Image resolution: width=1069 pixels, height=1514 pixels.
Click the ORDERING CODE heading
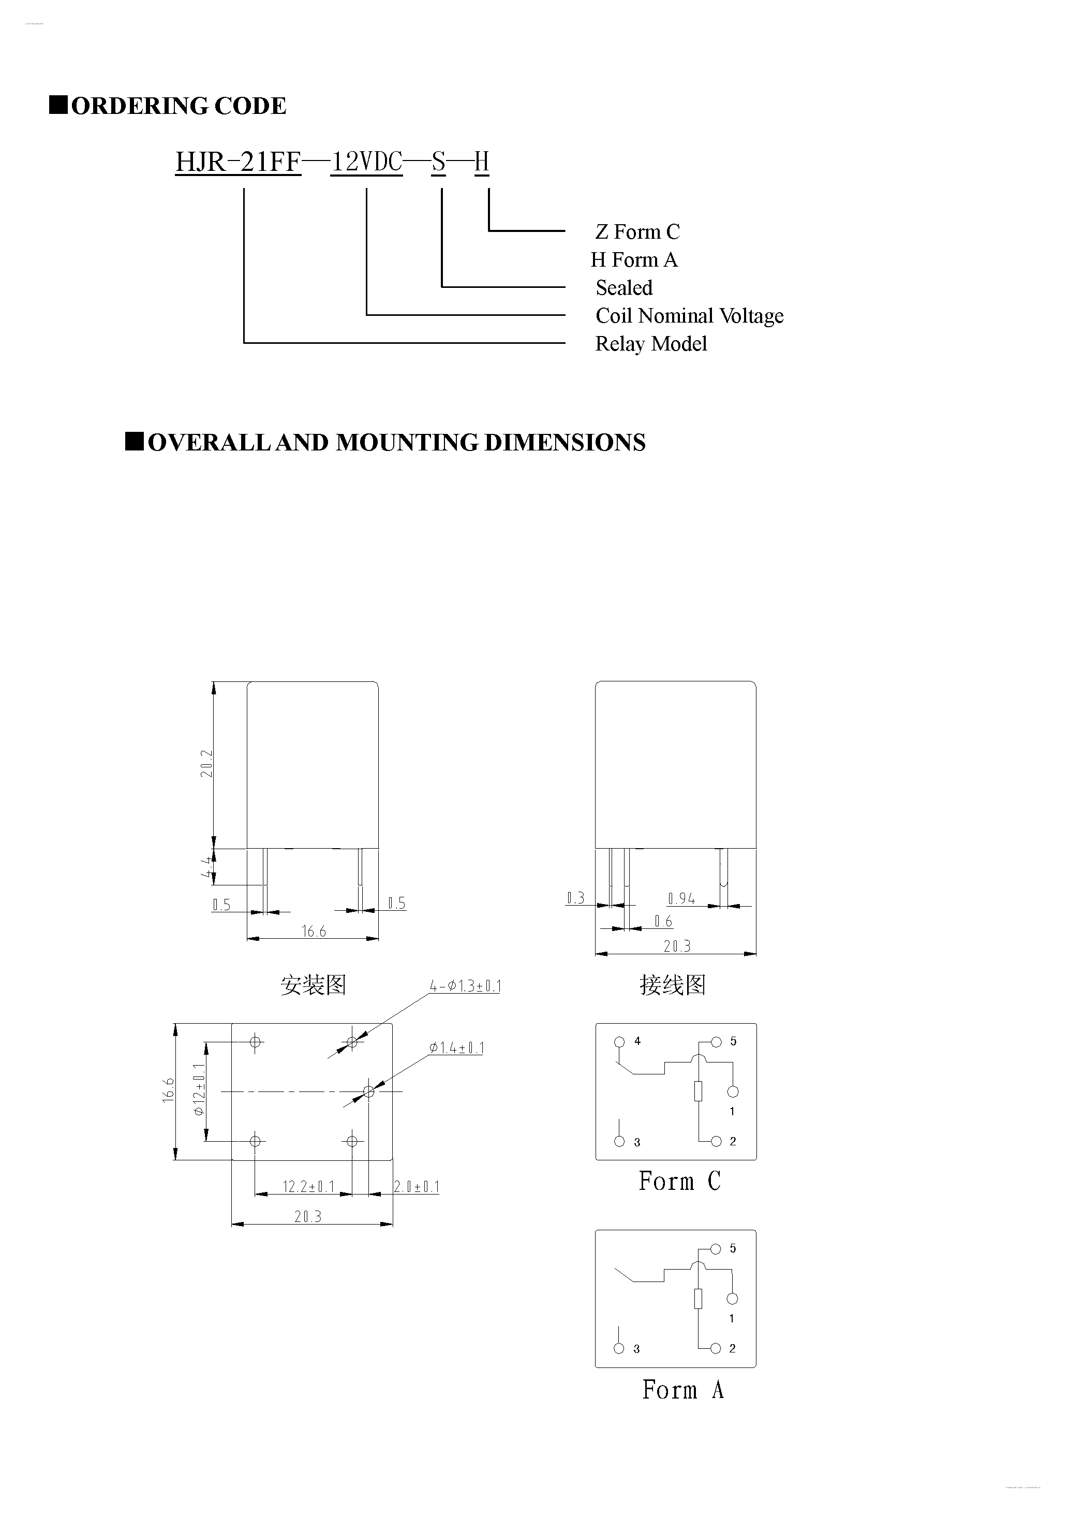[178, 106]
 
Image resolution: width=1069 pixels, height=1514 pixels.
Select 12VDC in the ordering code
[366, 162]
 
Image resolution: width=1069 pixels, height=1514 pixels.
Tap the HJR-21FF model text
[238, 162]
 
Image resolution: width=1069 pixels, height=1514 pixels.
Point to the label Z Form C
[637, 232]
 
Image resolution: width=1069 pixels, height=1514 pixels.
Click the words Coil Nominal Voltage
[689, 316]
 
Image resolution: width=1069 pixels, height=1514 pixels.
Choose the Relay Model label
[650, 344]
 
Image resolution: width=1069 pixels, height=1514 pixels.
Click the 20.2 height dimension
[207, 764]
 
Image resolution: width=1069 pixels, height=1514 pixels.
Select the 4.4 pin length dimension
[207, 866]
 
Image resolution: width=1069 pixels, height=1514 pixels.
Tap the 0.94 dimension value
[681, 898]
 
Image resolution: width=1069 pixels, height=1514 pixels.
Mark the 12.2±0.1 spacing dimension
[308, 1187]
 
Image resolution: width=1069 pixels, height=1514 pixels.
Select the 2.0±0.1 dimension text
[417, 1187]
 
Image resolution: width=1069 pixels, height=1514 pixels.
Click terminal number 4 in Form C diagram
[637, 1041]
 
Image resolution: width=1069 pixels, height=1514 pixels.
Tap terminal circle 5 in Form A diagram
[717, 1249]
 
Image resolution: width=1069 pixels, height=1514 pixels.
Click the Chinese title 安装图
[313, 985]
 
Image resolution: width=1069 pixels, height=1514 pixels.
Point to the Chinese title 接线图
[672, 985]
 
